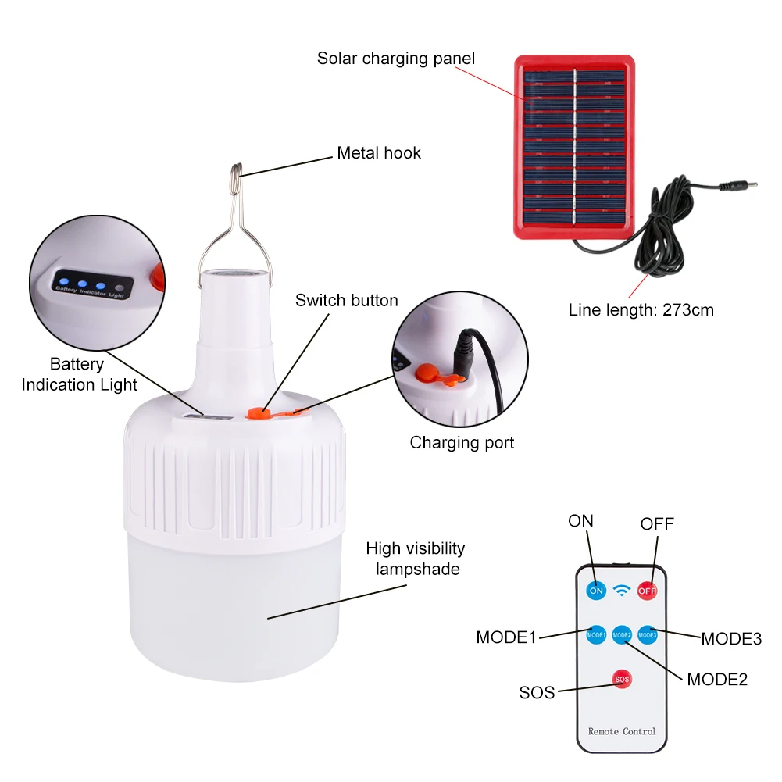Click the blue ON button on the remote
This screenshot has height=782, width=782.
[x=596, y=591]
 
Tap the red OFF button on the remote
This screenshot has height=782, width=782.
[x=647, y=591]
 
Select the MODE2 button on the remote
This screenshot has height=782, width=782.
[x=622, y=635]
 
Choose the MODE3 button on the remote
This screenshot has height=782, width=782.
[x=648, y=635]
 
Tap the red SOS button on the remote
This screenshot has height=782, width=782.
[x=622, y=679]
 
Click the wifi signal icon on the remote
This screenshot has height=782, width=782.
[x=621, y=591]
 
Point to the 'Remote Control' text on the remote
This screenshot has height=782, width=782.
[x=622, y=732]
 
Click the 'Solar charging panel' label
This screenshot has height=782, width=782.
[x=396, y=59]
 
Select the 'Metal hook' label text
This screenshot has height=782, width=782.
[x=379, y=152]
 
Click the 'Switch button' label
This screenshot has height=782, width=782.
[x=347, y=300]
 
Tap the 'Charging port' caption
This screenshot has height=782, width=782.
[x=462, y=443]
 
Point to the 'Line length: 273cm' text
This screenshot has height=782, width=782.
[x=641, y=309]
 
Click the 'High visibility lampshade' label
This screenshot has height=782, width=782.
[x=416, y=559]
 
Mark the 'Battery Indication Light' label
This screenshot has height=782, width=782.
[x=79, y=374]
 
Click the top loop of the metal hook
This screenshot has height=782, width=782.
[x=237, y=172]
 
